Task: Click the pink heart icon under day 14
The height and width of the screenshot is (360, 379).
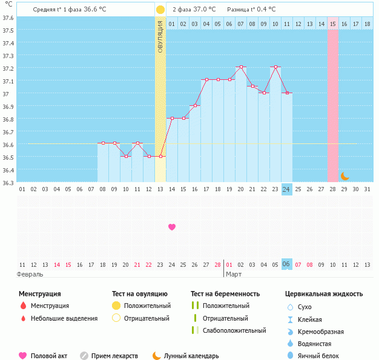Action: click(172, 227)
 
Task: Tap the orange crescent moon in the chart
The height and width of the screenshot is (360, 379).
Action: click(344, 176)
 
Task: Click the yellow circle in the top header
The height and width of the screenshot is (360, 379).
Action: click(160, 10)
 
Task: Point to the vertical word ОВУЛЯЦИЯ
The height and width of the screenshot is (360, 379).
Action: click(160, 36)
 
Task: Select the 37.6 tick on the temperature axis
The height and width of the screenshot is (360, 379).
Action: click(8, 18)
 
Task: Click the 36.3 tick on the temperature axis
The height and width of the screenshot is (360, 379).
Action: click(8, 183)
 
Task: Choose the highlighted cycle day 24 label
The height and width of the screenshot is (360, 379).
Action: click(286, 189)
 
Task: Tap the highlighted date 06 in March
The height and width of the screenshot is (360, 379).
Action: click(286, 264)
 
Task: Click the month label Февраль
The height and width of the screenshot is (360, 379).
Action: click(31, 274)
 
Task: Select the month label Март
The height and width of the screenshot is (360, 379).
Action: click(234, 274)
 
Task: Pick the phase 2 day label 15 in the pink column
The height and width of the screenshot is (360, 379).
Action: click(333, 24)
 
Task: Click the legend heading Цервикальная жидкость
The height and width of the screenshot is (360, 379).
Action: click(324, 294)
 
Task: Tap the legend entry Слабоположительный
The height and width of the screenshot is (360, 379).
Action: click(234, 330)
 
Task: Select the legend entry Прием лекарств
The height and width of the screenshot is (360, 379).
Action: click(114, 356)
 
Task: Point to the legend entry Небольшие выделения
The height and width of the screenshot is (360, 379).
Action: click(64, 318)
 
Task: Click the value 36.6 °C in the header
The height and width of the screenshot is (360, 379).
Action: click(94, 10)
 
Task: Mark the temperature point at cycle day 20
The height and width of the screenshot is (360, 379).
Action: click(241, 67)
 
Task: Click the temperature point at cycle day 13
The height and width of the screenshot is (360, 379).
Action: click(160, 156)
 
